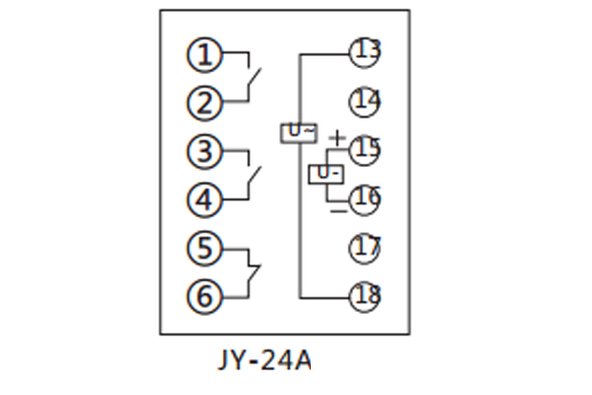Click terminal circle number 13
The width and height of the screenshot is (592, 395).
365,51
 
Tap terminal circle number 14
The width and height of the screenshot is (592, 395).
365,101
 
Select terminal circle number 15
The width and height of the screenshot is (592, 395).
365,149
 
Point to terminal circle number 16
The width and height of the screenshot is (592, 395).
365,198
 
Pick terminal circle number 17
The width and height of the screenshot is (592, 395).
365,247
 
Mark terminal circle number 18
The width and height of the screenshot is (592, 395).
365,294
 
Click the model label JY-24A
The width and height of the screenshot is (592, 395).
262,361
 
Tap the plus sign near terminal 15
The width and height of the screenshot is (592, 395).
337,137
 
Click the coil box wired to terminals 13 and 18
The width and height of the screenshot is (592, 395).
299,131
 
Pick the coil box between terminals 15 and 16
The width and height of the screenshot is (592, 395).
327,175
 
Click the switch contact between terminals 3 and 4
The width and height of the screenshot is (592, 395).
254,177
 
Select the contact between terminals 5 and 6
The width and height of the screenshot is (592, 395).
254,271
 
